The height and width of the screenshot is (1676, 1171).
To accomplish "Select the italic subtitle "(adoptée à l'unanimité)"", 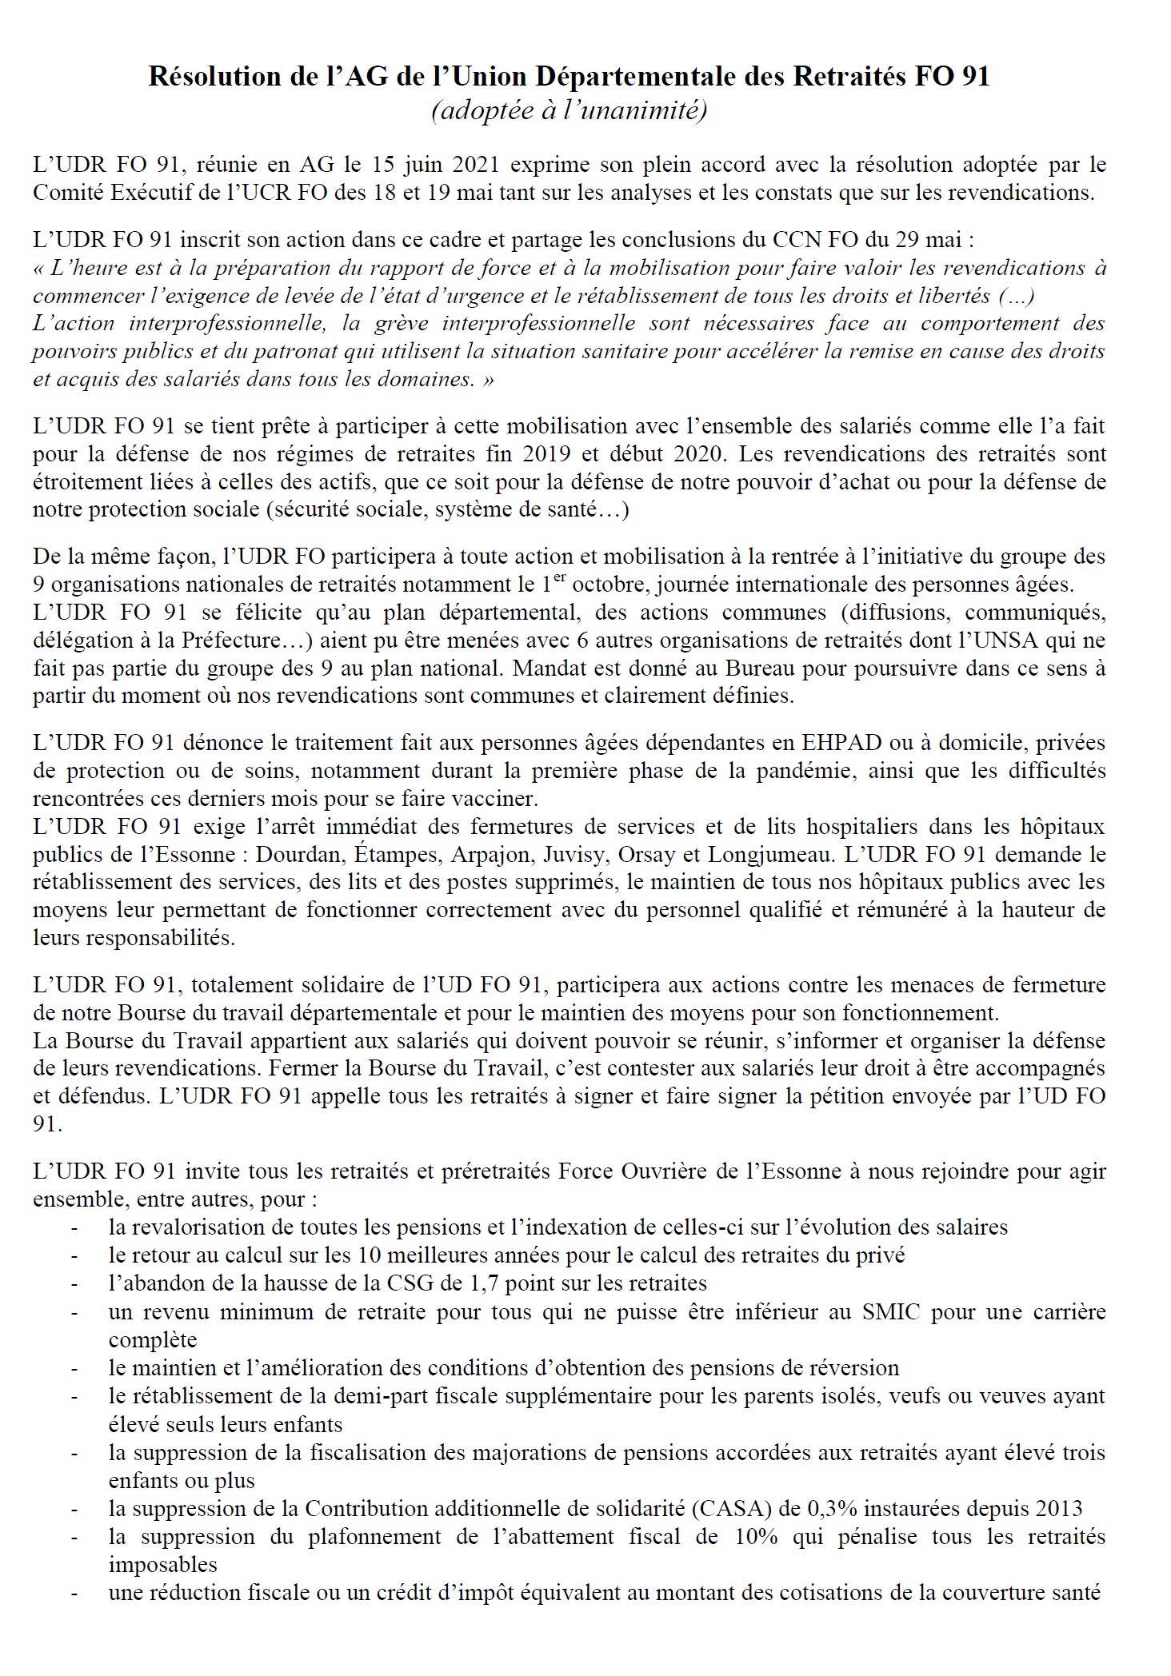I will click(569, 111).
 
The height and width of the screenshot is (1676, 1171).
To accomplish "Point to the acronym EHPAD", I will click(842, 743).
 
